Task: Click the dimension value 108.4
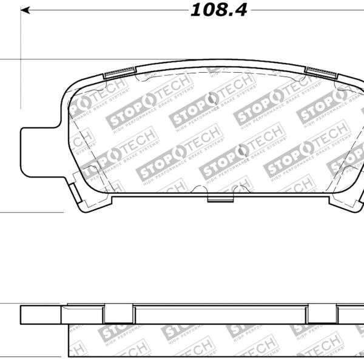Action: [x=219, y=10]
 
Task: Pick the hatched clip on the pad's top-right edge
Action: [x=321, y=73]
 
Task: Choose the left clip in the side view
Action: [x=118, y=313]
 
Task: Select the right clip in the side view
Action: [x=322, y=313]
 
